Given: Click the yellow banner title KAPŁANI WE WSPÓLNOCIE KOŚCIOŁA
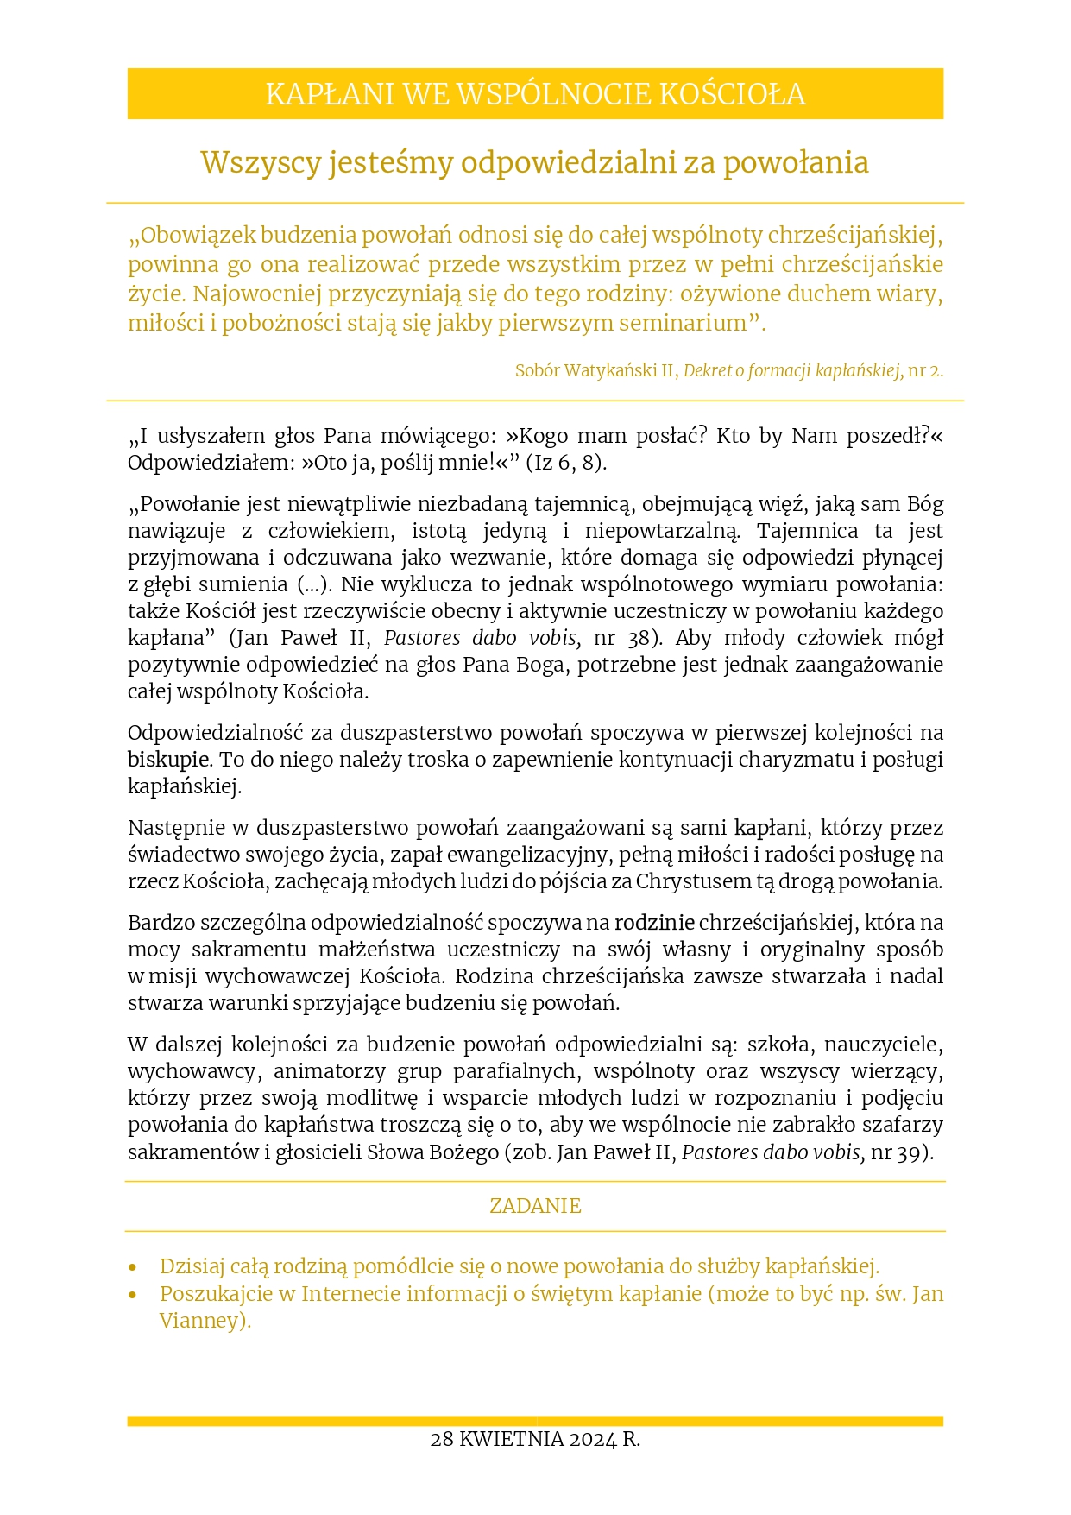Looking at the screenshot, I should tap(535, 94).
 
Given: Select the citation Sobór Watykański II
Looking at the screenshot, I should tap(595, 370).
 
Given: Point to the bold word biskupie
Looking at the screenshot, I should tap(168, 760).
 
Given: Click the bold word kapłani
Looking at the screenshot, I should tap(770, 828).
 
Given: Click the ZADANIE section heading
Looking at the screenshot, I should tap(535, 1206).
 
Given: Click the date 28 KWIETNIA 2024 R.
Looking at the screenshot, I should tap(535, 1439).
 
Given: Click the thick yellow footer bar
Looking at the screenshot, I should tap(535, 1420).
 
